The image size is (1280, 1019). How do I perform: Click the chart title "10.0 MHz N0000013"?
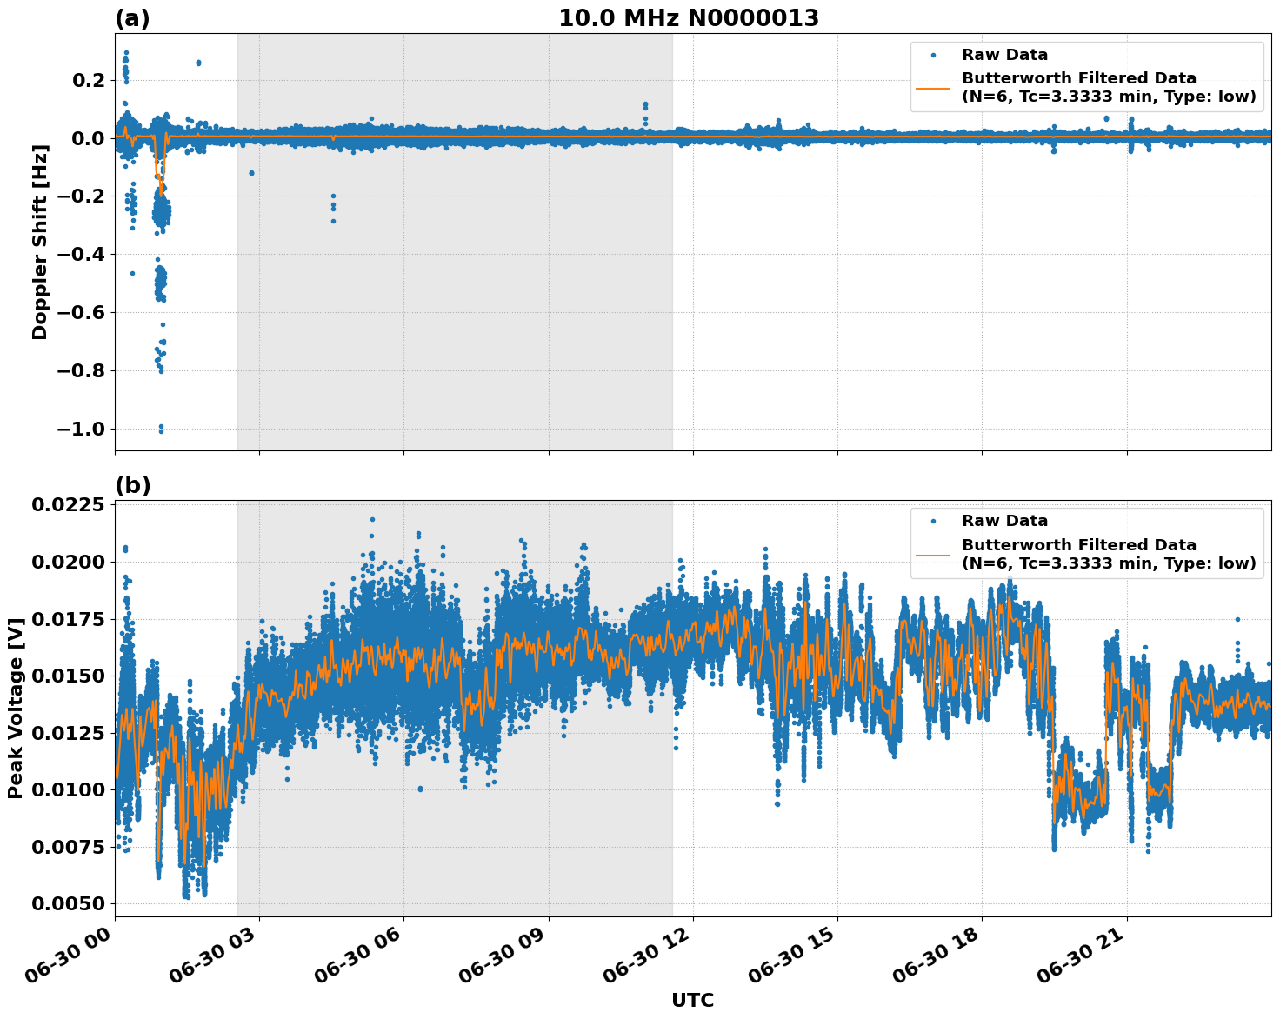(688, 18)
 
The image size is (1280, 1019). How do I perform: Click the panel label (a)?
(132, 18)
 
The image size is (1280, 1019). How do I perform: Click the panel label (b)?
(132, 485)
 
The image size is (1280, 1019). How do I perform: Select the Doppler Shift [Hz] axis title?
(40, 242)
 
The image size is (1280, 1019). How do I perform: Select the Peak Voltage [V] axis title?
(15, 708)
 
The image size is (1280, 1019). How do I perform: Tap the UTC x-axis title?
(692, 1000)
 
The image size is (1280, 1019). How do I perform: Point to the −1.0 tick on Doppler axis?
(81, 430)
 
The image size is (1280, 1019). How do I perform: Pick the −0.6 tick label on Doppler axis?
(81, 313)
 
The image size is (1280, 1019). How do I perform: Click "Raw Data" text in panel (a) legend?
(1004, 56)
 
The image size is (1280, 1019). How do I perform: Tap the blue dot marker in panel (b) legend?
(933, 521)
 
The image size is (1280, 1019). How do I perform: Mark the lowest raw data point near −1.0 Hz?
(161, 431)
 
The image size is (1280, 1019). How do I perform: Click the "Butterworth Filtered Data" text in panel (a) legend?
(1078, 78)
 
